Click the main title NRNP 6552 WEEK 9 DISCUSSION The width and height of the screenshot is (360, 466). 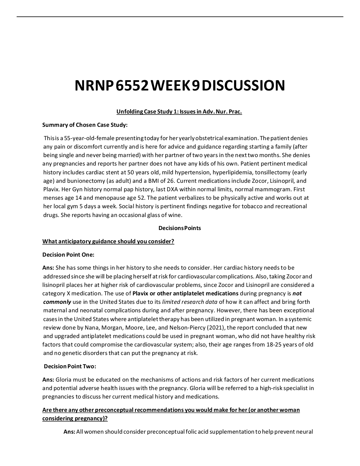click(180, 86)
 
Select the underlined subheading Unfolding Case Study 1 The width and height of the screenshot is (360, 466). click(179, 112)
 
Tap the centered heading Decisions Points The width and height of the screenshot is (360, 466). click(180, 228)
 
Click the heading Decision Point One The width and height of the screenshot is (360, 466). click(68, 255)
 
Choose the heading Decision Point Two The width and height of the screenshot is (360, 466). click(70, 366)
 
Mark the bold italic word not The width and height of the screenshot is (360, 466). click(297, 293)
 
